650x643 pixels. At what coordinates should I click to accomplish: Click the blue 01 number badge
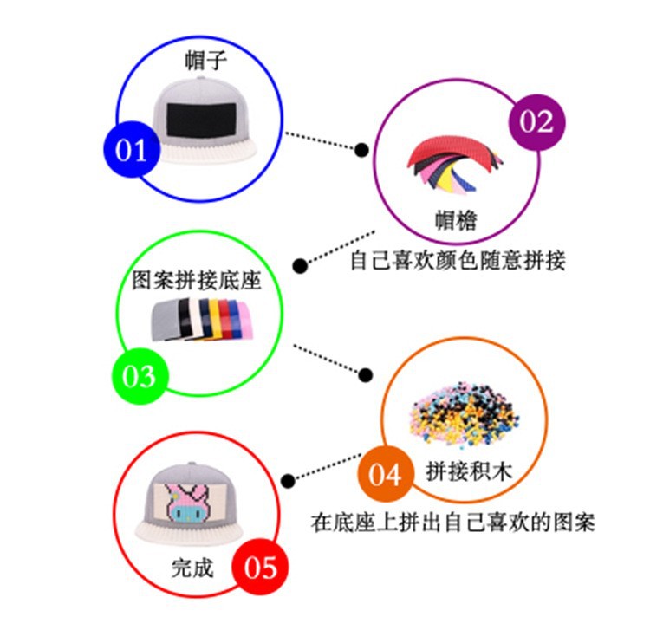(x=131, y=151)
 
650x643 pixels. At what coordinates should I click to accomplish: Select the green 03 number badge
(x=139, y=376)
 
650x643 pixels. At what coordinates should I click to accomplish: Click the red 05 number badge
(x=259, y=568)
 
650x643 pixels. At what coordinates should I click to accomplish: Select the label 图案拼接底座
(x=196, y=281)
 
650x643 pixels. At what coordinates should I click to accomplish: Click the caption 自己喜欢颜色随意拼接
(x=458, y=260)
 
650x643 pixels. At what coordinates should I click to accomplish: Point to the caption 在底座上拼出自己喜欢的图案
(x=453, y=523)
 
